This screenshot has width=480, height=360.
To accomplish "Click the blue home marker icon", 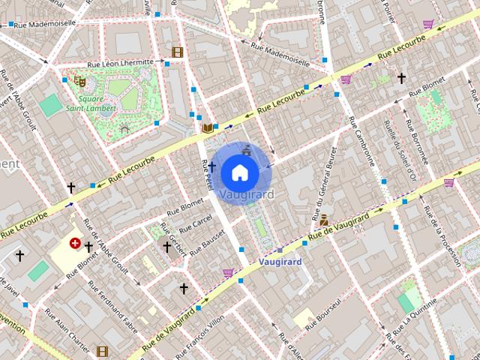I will tap(239, 172).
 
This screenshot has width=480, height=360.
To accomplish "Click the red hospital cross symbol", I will tap(75, 243).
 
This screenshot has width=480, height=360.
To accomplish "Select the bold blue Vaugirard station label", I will tap(279, 262).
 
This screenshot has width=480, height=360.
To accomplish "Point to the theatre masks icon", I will tap(79, 80).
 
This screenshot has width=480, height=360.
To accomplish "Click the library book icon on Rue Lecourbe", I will tap(208, 128).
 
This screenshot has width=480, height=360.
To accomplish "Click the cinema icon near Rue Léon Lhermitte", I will tap(177, 52).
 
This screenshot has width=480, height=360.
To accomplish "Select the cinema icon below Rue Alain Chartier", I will tap(102, 350).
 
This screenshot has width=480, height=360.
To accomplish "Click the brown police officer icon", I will tap(324, 220).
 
